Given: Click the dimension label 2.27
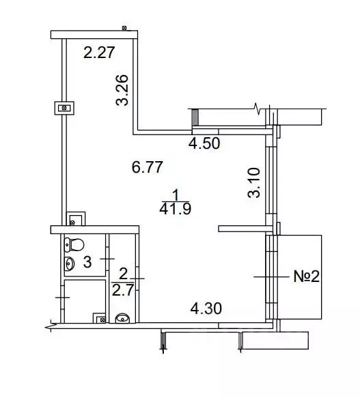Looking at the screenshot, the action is tap(99, 53).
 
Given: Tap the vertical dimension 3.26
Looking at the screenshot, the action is tap(122, 90).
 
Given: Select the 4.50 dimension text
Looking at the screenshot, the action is tap(204, 143).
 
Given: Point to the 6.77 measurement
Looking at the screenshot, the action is tap(148, 167).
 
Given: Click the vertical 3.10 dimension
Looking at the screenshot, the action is tap(254, 182).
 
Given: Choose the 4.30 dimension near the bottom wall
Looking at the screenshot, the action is tap(206, 309).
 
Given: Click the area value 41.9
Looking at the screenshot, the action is tap(176, 209).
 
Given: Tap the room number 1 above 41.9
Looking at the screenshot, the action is tap(176, 196).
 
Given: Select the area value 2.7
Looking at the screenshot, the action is tap(123, 290).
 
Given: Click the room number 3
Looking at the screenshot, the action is tap(87, 262).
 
